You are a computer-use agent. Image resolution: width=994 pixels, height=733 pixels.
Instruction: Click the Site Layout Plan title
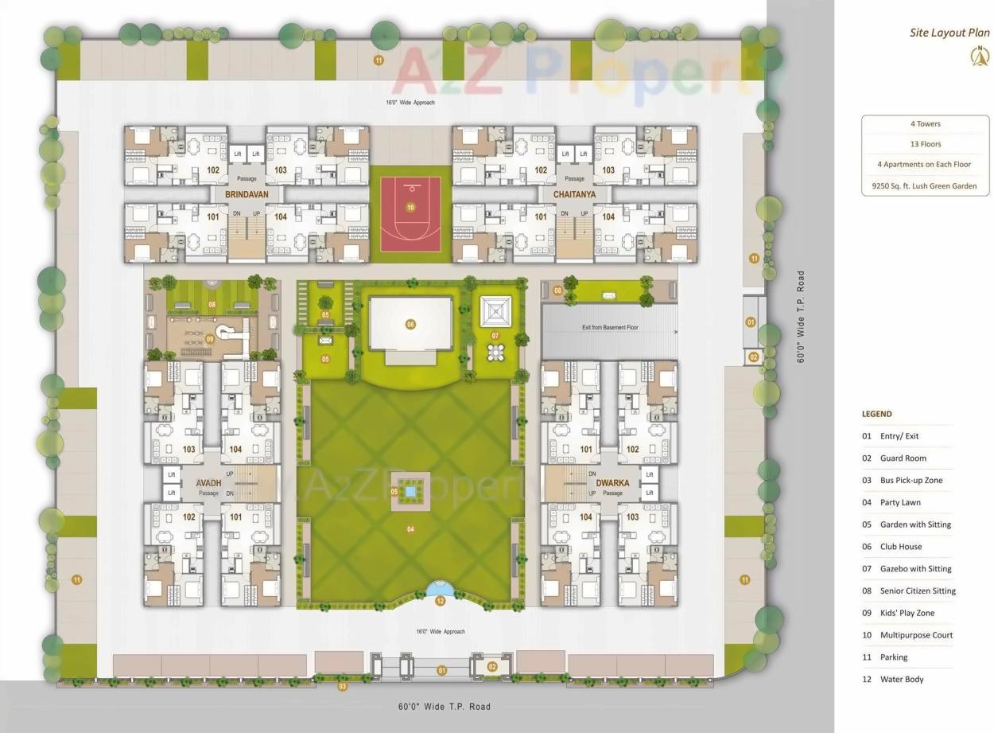tap(949, 33)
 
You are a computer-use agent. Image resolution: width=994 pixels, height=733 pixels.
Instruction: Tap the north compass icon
tap(980, 56)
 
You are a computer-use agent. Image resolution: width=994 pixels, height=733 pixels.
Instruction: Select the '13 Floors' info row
tap(925, 144)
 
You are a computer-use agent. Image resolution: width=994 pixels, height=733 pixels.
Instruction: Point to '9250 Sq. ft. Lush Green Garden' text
tap(925, 186)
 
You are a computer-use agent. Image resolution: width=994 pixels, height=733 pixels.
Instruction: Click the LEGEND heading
tap(876, 414)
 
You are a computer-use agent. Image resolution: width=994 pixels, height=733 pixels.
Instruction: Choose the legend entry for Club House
tap(900, 547)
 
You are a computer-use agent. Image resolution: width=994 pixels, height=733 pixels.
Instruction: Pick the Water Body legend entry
tap(901, 679)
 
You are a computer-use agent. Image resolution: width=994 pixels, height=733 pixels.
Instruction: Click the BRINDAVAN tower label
tap(247, 194)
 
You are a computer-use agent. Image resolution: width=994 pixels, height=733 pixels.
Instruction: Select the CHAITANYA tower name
tap(574, 194)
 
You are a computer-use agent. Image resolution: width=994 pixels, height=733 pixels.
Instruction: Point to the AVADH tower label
tap(208, 483)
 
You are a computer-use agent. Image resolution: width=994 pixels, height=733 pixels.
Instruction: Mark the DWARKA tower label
tap(612, 483)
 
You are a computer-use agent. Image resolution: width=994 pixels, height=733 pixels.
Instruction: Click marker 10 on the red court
tap(410, 208)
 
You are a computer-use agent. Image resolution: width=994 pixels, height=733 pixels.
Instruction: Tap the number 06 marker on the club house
tap(410, 324)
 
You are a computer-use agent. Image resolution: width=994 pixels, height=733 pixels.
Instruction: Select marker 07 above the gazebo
tap(495, 336)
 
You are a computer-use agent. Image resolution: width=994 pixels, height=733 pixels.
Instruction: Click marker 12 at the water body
tap(440, 601)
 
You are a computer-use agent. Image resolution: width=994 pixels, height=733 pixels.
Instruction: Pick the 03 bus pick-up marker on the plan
tap(343, 686)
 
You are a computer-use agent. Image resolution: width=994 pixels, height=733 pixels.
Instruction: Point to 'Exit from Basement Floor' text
tap(609, 327)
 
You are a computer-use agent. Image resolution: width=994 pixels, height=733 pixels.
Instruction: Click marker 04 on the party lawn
tap(410, 529)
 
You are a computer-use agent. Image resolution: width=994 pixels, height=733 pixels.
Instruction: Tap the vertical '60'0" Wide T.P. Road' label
tap(801, 317)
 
